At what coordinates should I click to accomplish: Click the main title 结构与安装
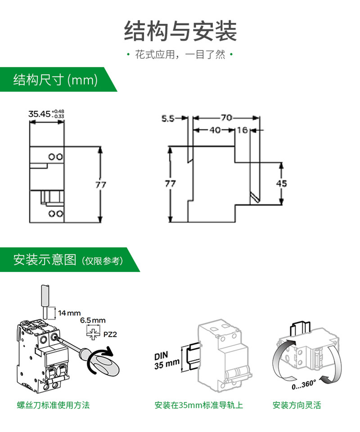180,31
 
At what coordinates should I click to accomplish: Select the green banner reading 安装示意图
67,260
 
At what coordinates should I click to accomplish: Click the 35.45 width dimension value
40,114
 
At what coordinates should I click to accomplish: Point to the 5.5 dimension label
167,119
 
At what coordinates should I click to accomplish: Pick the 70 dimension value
226,118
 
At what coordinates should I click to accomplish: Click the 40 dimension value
215,130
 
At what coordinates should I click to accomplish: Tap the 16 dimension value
242,130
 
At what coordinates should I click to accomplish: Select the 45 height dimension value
281,183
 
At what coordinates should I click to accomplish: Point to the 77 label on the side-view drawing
170,183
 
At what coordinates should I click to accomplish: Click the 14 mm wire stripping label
69,312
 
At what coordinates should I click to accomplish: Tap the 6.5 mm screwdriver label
93,321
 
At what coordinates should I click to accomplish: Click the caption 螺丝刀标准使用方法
51,405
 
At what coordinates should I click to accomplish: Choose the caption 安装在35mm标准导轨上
198,405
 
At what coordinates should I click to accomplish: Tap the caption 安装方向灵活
297,405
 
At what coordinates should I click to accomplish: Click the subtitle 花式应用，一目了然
180,55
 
